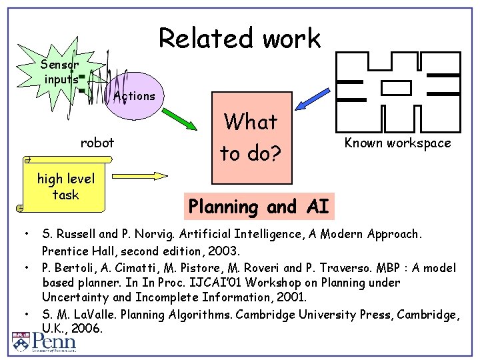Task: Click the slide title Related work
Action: tap(239, 38)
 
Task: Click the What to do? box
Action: tap(250, 137)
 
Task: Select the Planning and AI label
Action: tap(259, 207)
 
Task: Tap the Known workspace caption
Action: tap(397, 143)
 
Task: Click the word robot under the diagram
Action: tap(97, 142)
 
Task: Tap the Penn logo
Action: tap(44, 341)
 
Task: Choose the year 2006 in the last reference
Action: tap(88, 329)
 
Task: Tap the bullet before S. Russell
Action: tap(25, 235)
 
